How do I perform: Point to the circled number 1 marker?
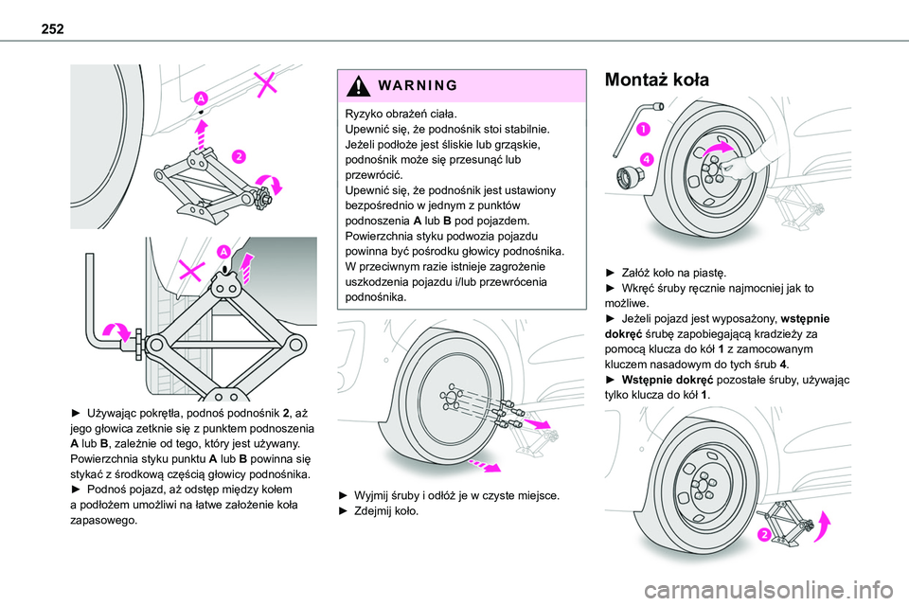[642, 129]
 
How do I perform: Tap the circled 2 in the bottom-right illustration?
[763, 538]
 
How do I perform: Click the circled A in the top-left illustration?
[202, 98]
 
